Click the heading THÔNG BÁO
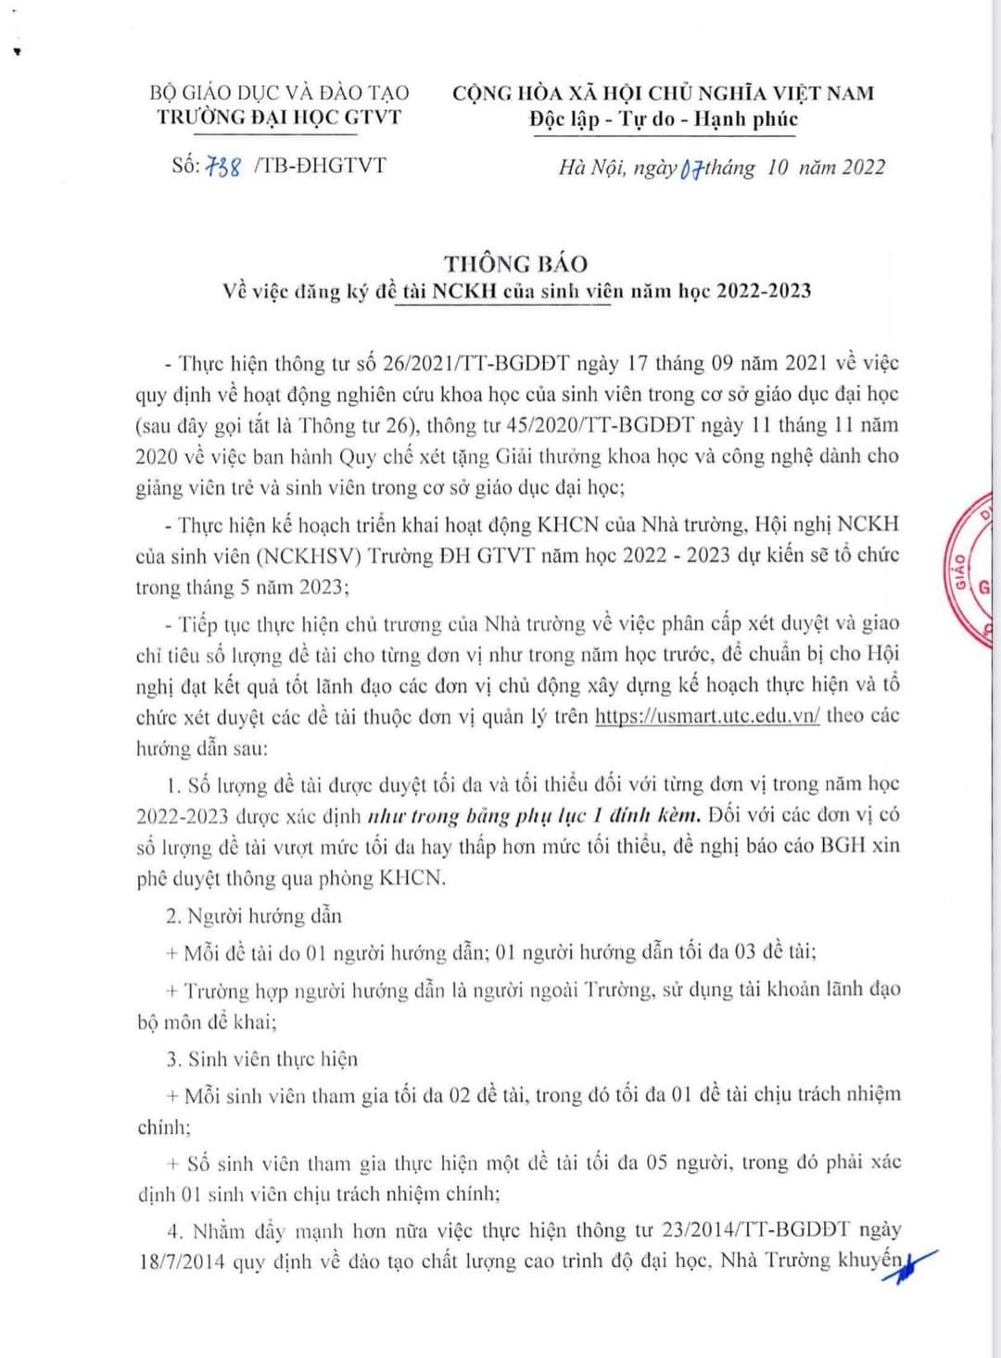[x=515, y=263]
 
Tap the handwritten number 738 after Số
[x=222, y=168]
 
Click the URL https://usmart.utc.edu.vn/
[x=707, y=715]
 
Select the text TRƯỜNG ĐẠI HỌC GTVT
[x=279, y=117]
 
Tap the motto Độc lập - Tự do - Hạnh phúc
[x=664, y=119]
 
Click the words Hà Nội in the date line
[x=592, y=168]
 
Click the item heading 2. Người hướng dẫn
[x=254, y=916]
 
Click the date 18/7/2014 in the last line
[x=182, y=1262]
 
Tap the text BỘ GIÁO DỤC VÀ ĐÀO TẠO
[x=279, y=93]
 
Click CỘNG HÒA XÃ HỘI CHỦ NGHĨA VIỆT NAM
[x=664, y=93]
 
